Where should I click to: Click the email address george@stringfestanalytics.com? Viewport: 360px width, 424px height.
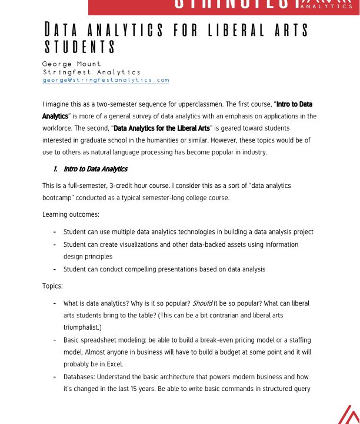[x=106, y=80]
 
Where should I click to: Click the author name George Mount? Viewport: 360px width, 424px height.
[x=72, y=64]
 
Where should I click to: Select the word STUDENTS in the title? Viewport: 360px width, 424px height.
[x=81, y=47]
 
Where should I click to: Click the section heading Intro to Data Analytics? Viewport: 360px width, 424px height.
[x=95, y=169]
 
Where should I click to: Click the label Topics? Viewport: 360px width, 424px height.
[x=52, y=286]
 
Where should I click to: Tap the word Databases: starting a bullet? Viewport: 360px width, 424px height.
[x=79, y=376]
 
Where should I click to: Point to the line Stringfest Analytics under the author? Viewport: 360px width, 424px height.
[x=92, y=72]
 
